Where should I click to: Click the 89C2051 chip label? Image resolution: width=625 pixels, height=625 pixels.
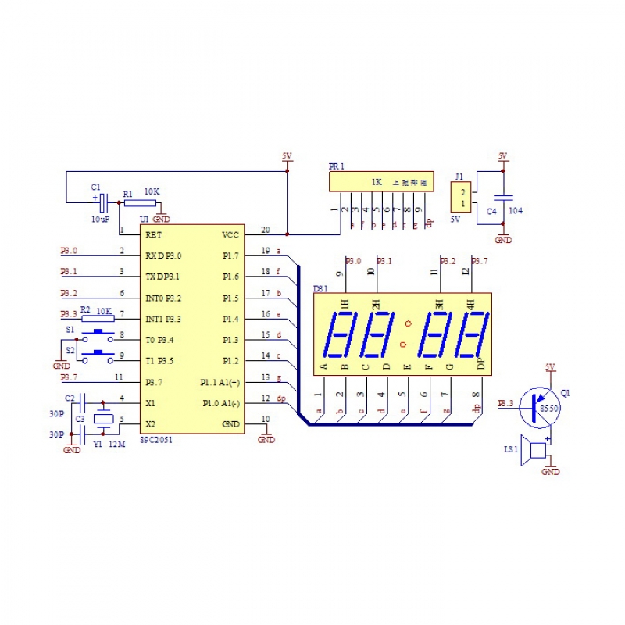[x=155, y=441]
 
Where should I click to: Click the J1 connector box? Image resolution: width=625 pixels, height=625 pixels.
[x=463, y=198]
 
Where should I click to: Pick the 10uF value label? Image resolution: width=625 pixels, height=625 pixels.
[x=100, y=220]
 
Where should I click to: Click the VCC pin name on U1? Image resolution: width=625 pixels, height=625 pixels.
[x=231, y=234]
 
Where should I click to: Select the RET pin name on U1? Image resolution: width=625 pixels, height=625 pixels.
[x=153, y=234]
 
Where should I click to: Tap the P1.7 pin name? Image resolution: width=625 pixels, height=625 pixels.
[x=230, y=255]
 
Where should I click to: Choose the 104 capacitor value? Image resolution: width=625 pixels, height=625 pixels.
[x=516, y=210]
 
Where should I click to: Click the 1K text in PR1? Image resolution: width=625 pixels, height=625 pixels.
[x=377, y=182]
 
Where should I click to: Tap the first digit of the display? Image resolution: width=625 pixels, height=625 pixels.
[x=344, y=334]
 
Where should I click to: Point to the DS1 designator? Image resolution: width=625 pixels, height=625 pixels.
[x=321, y=289]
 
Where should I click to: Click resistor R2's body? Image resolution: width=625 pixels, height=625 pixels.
[x=98, y=318]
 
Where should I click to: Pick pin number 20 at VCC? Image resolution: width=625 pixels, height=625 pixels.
[x=266, y=230]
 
